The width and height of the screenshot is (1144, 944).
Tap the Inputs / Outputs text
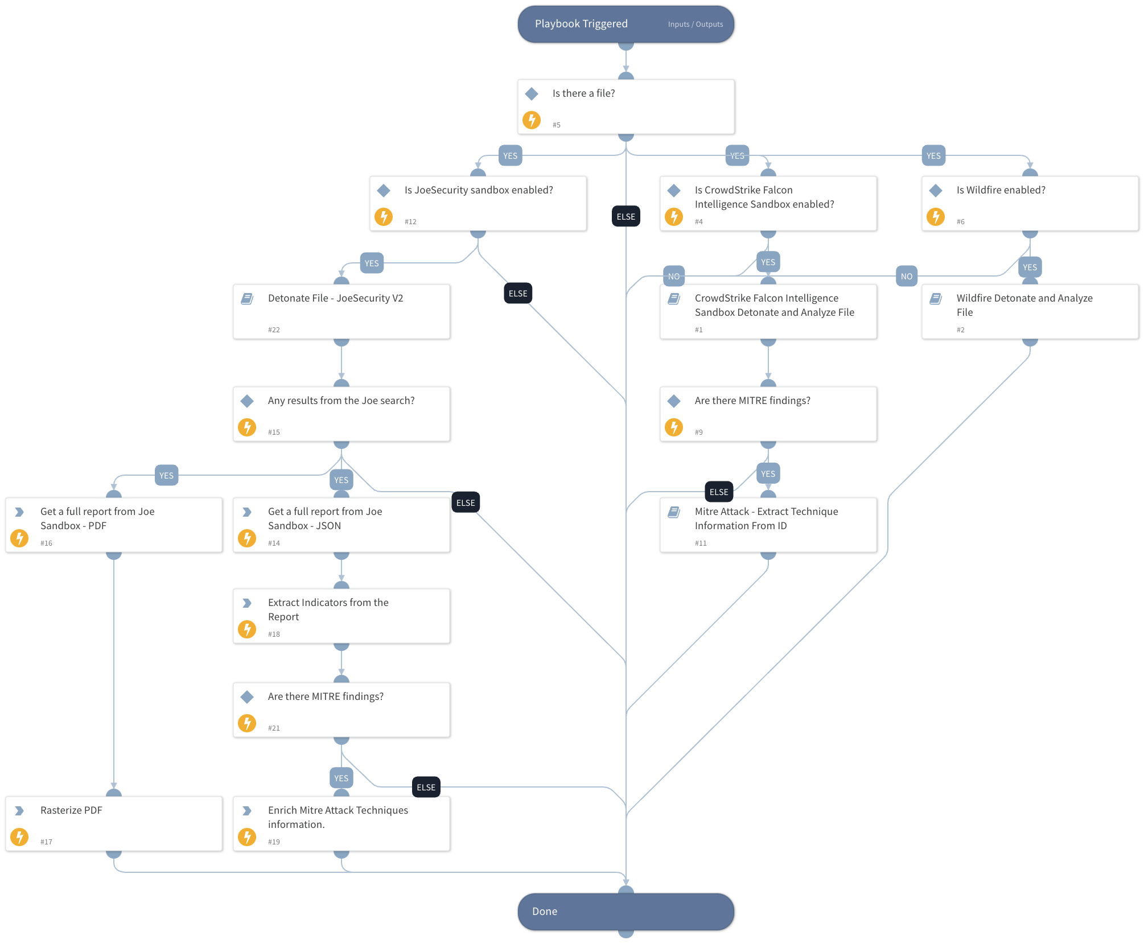click(x=695, y=24)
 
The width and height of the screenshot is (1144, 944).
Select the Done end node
click(x=626, y=911)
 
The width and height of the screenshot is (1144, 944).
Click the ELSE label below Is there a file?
click(x=626, y=216)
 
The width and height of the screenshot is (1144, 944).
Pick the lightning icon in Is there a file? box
click(x=532, y=120)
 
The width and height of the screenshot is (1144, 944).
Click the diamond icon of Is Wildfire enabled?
click(x=936, y=191)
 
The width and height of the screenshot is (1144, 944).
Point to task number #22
click(x=274, y=330)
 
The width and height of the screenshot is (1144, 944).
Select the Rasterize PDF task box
click(x=114, y=823)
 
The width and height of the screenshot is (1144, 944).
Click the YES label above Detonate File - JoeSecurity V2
click(x=372, y=263)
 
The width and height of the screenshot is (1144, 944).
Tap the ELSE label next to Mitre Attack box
click(x=718, y=492)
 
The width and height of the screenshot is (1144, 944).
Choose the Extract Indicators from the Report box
click(x=341, y=616)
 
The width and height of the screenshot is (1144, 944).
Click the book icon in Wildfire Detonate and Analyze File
click(x=936, y=299)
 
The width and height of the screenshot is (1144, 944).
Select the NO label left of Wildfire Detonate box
click(x=906, y=277)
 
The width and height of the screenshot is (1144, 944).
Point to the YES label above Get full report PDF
click(x=166, y=476)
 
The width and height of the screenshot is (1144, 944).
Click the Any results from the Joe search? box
click(x=341, y=414)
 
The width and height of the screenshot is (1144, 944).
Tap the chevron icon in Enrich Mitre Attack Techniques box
click(x=247, y=811)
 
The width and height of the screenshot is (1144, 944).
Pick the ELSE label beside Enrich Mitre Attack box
click(x=426, y=788)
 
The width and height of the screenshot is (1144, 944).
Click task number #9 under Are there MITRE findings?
click(x=698, y=432)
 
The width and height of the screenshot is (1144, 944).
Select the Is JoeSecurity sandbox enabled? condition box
click(x=478, y=203)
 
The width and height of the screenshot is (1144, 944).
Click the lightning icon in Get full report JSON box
click(x=247, y=538)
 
